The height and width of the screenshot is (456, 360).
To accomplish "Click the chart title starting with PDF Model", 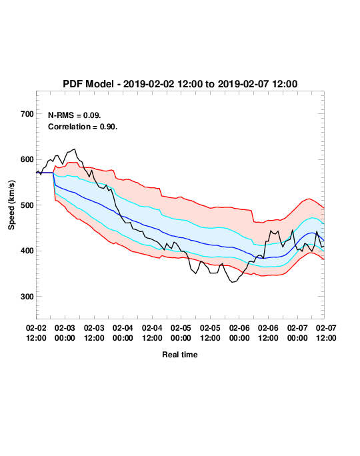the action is pos(180,84).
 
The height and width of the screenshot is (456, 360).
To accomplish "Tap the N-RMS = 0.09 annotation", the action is pos(75,115).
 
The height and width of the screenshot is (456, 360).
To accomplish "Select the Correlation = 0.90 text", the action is pos(83,127).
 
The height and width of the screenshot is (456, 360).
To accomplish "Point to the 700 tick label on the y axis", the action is pos(27,114).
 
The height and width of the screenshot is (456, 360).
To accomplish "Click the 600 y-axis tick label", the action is pos(27,159).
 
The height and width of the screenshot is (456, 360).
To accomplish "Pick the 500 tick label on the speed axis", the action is pos(27,205).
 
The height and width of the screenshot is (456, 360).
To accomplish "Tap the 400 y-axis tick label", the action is pos(27,251).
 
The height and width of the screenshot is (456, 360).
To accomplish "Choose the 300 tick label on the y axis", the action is pos(27,297).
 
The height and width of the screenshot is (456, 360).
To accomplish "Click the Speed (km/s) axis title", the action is pos(11,205).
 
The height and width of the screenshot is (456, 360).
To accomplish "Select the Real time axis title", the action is pos(180,355).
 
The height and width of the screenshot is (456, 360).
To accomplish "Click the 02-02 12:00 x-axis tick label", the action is pos(36,333).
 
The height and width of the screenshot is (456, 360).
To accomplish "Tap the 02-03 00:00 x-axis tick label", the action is pos(65,333).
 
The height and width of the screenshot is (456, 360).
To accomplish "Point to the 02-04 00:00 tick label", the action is pos(123,333).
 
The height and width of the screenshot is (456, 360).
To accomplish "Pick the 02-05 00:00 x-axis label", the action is pos(181,333).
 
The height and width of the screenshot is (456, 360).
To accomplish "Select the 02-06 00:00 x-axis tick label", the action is pos(239,333).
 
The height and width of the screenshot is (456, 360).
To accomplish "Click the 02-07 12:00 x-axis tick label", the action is pos(326,333).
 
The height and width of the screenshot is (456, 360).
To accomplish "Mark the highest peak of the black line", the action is pos(75,149).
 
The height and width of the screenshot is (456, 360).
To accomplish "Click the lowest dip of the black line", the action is pos(232,282).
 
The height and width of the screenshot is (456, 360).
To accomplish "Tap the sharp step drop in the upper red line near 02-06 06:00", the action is pos(253,216).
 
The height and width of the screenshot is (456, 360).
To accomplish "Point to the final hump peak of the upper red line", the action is pos(309,199).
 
